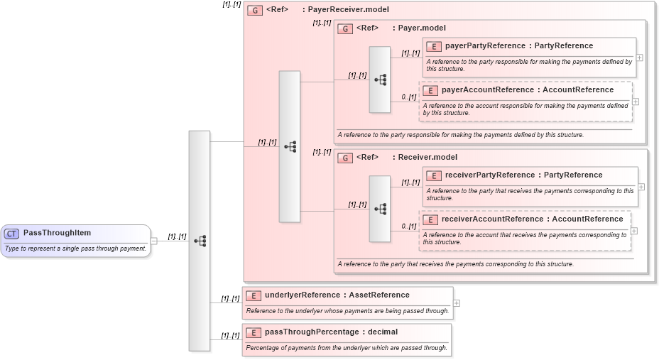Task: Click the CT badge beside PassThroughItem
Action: pyautogui.click(x=12, y=234)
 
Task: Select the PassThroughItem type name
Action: pyautogui.click(x=57, y=233)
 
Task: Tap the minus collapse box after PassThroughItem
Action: pyautogui.click(x=154, y=241)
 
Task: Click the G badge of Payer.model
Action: pyautogui.click(x=345, y=28)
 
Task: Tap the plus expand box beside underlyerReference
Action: pyautogui.click(x=456, y=303)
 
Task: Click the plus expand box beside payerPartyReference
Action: pyautogui.click(x=640, y=58)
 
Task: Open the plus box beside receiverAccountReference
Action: pyautogui.click(x=634, y=231)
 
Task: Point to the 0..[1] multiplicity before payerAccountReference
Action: pyautogui.click(x=408, y=97)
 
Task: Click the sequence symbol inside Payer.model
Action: pyautogui.click(x=380, y=80)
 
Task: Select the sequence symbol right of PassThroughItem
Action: pyautogui.click(x=200, y=241)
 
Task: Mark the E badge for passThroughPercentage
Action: pyautogui.click(x=254, y=332)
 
